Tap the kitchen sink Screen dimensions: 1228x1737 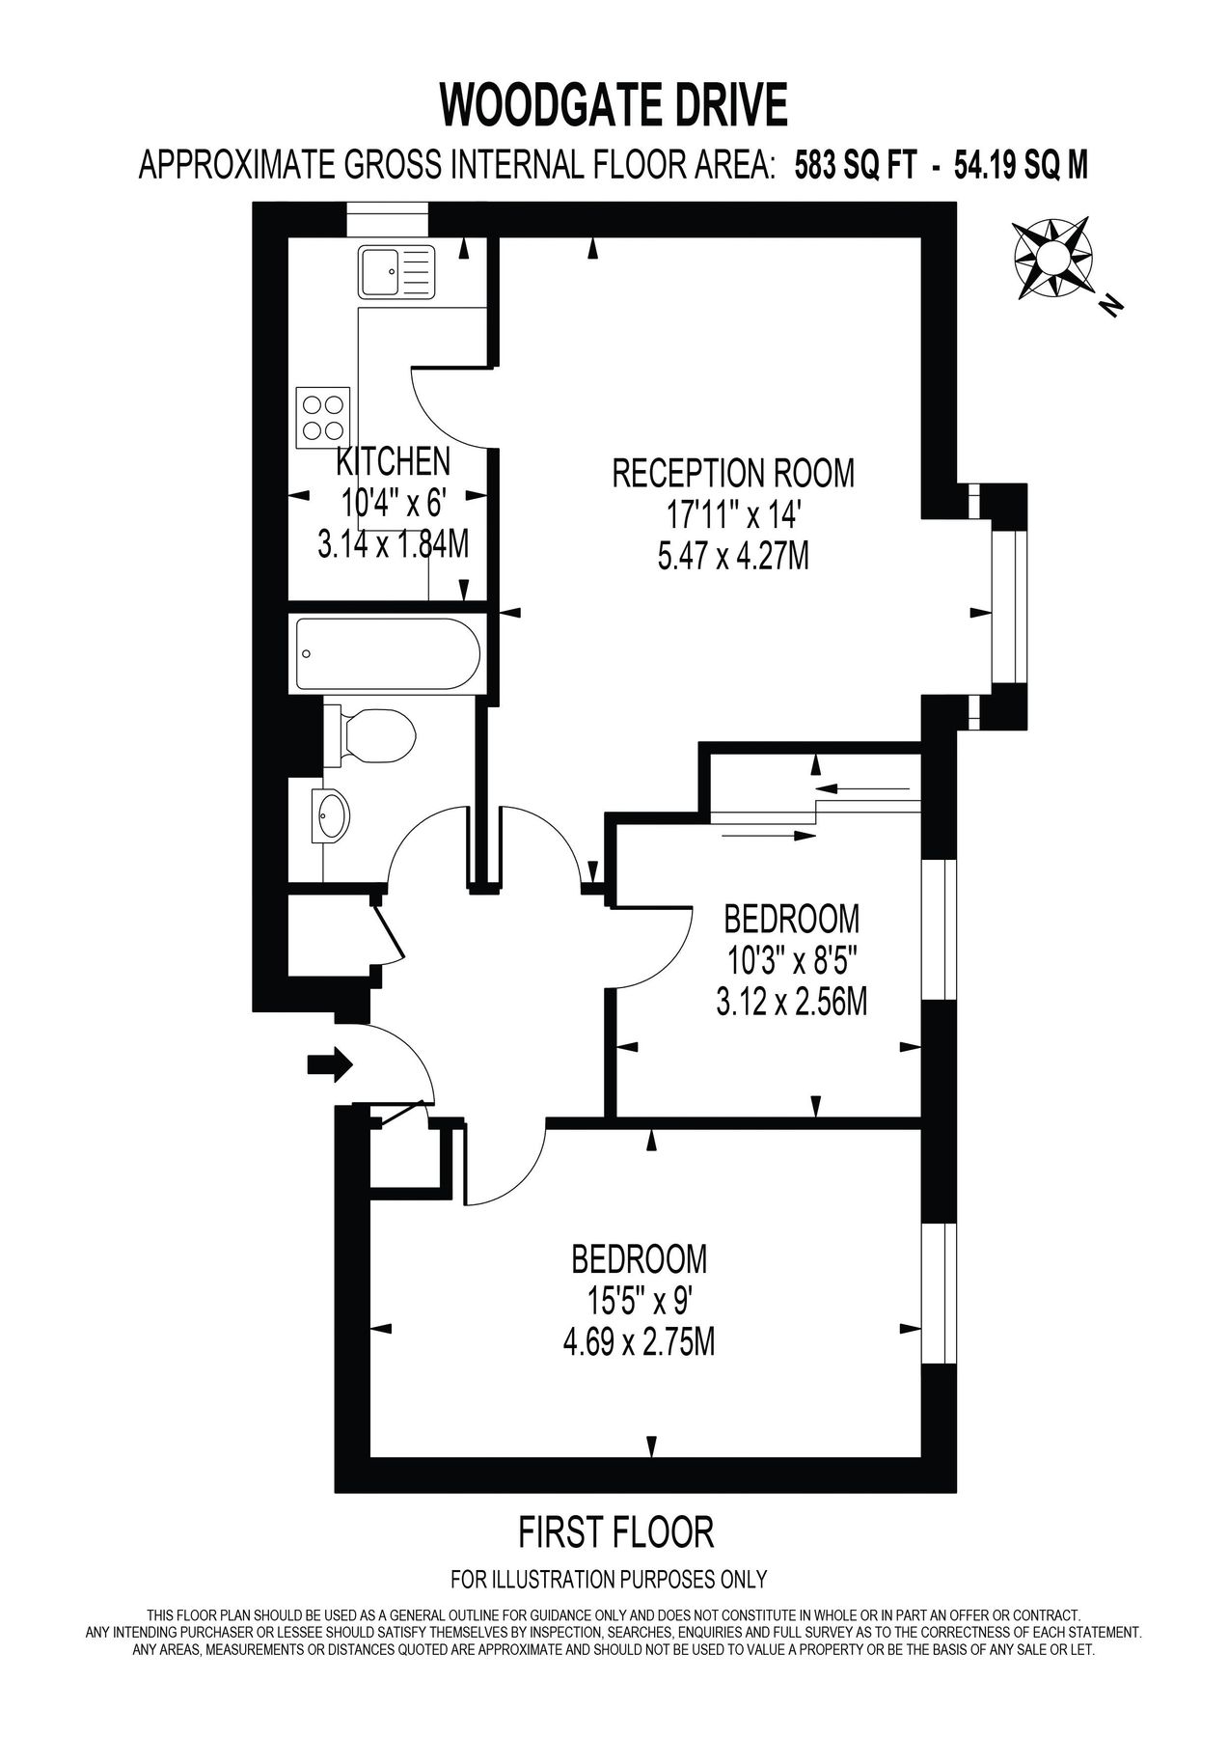[x=396, y=271]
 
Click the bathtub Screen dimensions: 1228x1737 [x=388, y=653]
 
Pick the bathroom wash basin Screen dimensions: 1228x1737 [x=334, y=814]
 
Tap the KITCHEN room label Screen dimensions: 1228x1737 [x=393, y=461]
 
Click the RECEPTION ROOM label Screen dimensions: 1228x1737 [x=733, y=473]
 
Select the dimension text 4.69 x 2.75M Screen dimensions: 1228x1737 [x=639, y=1341]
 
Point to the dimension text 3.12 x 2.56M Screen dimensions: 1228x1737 [x=791, y=1004]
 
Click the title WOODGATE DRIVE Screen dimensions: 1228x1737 [x=614, y=105]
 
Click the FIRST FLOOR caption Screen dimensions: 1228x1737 [x=616, y=1530]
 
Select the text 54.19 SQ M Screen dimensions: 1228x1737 [x=1021, y=166]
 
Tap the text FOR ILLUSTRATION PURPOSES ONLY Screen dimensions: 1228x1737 [x=609, y=1580]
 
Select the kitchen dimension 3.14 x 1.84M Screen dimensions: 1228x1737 [x=394, y=545]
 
